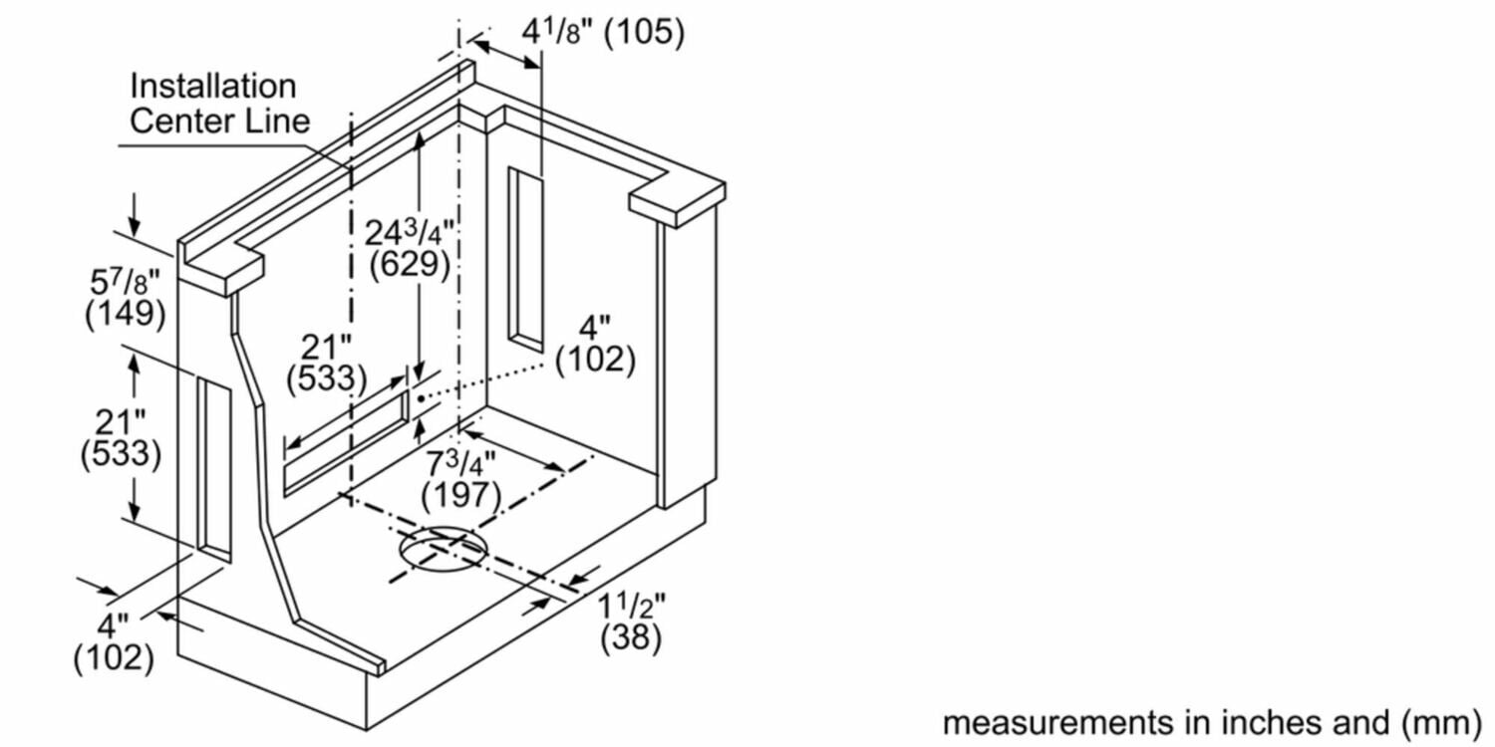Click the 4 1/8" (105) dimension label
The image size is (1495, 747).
click(x=603, y=32)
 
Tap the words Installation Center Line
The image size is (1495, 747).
click(x=219, y=104)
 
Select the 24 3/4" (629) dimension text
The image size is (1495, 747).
click(x=410, y=248)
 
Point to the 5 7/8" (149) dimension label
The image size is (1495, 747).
click(x=126, y=298)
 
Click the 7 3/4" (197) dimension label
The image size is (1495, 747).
click(x=461, y=479)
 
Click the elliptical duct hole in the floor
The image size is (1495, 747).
click(x=444, y=549)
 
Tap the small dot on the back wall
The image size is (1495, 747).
click(x=422, y=398)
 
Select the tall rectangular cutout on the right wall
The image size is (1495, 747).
click(x=526, y=259)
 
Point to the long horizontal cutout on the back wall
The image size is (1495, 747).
click(x=347, y=443)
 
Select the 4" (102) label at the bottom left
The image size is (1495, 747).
click(x=114, y=641)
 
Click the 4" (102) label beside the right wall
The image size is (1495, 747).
click(x=596, y=345)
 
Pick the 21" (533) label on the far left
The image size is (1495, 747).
click(x=121, y=438)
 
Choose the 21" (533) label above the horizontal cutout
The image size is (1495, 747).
click(x=327, y=363)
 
